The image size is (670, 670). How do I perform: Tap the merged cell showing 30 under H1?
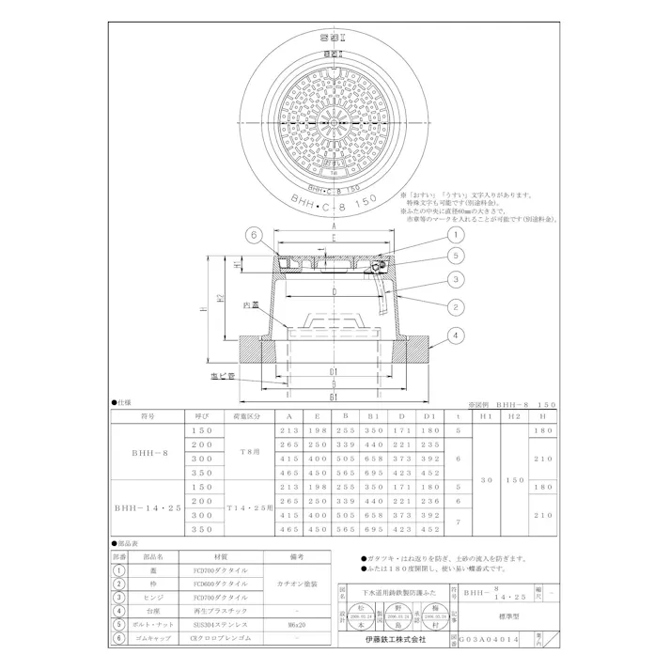[485, 479]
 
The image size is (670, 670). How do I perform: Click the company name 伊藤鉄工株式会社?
[396, 638]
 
